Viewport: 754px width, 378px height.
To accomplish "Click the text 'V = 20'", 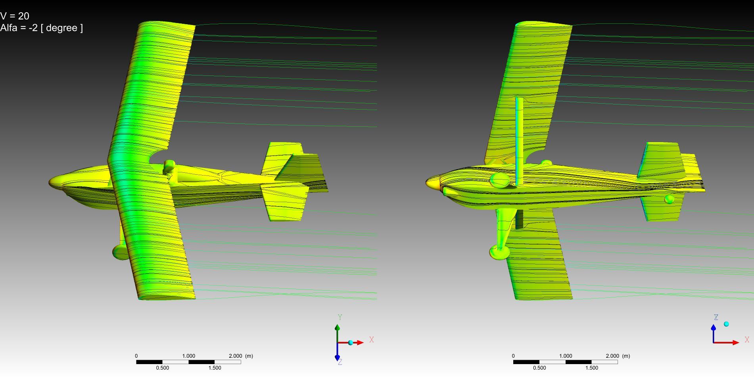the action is click(15, 16).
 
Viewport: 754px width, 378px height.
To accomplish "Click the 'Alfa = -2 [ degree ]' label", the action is click(42, 28).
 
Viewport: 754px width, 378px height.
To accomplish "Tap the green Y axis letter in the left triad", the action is click(340, 317).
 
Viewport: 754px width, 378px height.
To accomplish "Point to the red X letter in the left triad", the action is click(372, 339).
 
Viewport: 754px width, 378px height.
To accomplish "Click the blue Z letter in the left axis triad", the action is click(340, 362).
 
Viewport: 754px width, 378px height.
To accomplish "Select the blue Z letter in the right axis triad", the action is click(716, 317).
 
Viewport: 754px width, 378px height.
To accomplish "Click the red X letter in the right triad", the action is click(747, 339).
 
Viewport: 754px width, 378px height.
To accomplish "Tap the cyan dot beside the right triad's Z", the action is click(726, 324).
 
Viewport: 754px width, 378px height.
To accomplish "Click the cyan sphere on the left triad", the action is click(351, 342).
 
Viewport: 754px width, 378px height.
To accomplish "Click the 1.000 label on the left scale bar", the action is click(189, 356).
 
